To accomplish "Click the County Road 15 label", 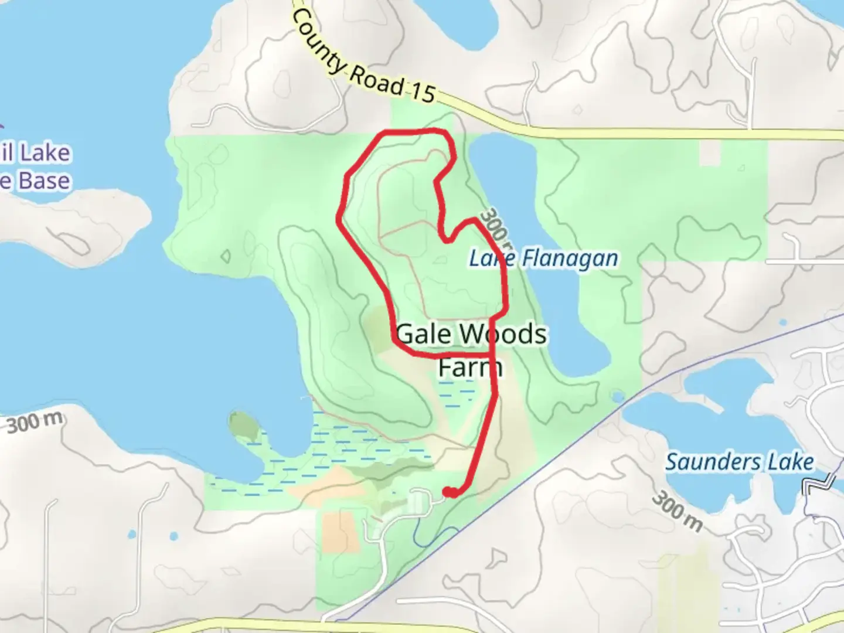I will pyautogui.click(x=363, y=59).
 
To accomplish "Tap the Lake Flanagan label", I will pyautogui.click(x=543, y=258).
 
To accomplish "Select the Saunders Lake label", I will pyautogui.click(x=739, y=462).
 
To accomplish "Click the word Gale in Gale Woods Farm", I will pyautogui.click(x=423, y=334).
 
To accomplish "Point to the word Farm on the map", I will pyautogui.click(x=470, y=367).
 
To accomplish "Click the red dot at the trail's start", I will pyautogui.click(x=450, y=492).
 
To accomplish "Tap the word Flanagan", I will pyautogui.click(x=569, y=258).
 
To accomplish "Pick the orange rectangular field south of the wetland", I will pyautogui.click(x=341, y=532).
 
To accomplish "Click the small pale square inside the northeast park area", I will pyautogui.click(x=710, y=154).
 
